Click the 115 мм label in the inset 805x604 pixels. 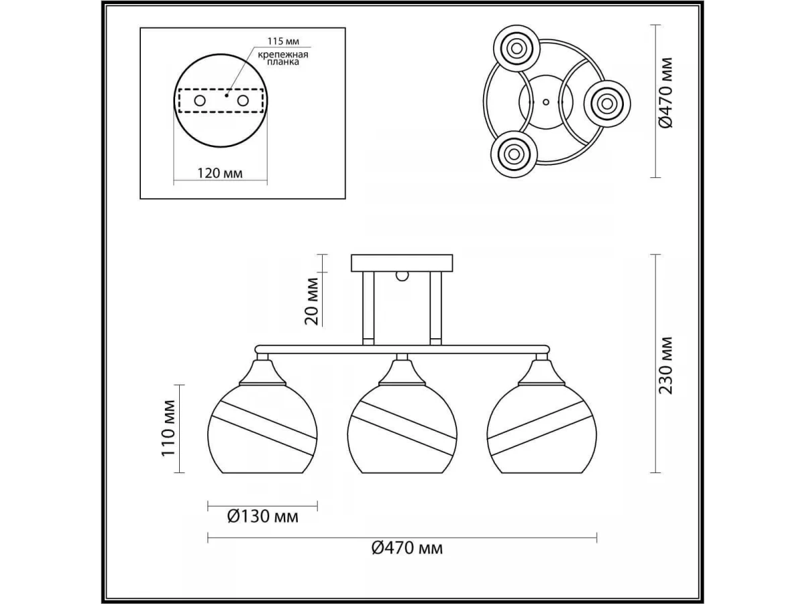(283, 41)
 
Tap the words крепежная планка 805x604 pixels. (283, 58)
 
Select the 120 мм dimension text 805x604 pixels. (220, 172)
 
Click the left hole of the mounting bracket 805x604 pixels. (200, 101)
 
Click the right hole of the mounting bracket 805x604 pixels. (242, 101)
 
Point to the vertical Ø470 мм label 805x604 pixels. (666, 93)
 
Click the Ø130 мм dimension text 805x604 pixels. (262, 516)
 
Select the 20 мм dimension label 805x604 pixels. (312, 301)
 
